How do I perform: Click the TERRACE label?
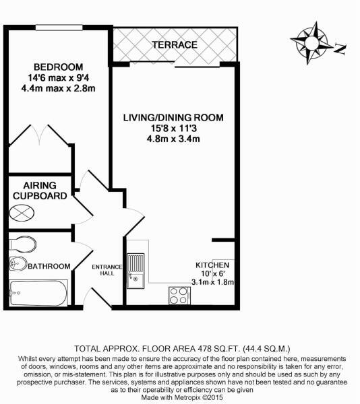tap(174, 45)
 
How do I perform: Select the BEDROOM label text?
tap(59, 67)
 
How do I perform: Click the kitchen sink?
tap(136, 267)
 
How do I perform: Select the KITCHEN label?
tap(213, 265)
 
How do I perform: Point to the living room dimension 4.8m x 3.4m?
tap(173, 139)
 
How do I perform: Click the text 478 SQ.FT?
tap(207, 348)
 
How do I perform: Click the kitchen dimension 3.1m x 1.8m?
tap(213, 282)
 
